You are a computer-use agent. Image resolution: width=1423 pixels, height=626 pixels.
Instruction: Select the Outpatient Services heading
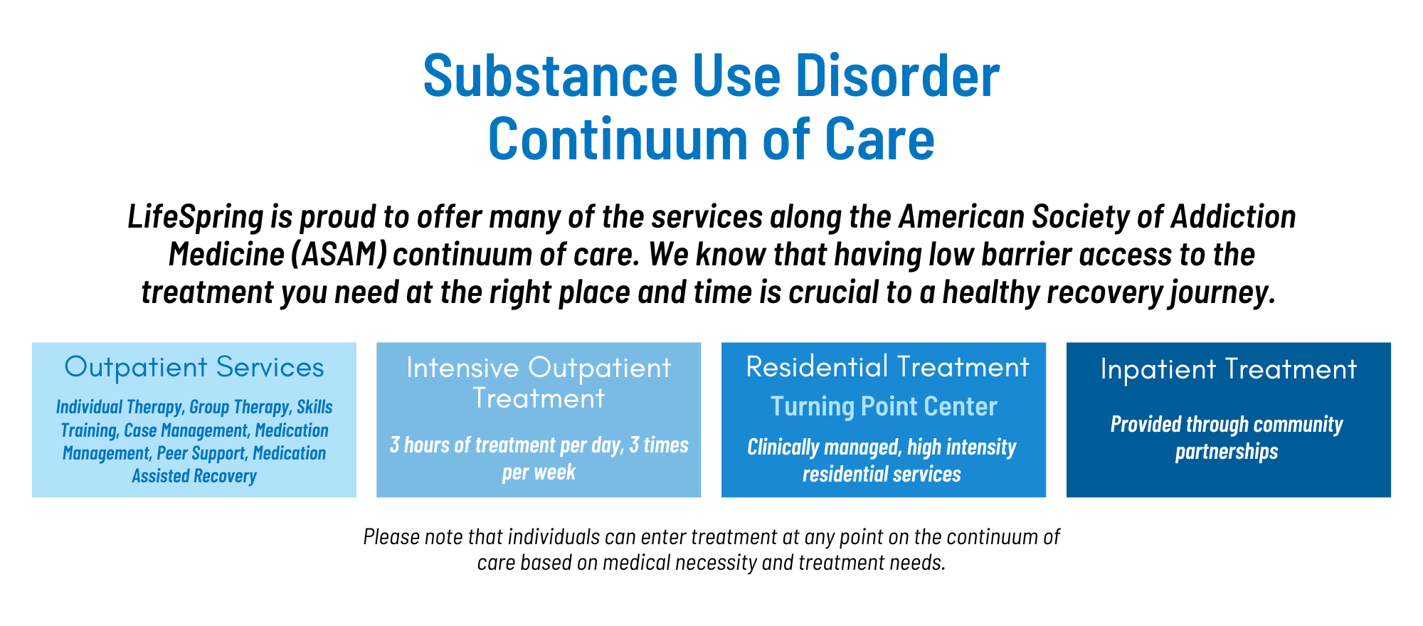click(x=194, y=367)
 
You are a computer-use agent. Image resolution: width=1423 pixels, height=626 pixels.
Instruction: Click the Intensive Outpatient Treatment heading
click(x=539, y=383)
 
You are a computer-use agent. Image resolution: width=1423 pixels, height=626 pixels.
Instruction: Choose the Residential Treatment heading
click(x=887, y=367)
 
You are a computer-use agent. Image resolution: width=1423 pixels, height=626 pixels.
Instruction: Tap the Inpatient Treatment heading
click(x=1229, y=369)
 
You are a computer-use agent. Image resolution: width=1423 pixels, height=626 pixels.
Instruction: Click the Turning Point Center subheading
click(x=884, y=407)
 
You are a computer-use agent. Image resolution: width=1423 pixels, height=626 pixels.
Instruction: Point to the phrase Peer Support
click(x=201, y=454)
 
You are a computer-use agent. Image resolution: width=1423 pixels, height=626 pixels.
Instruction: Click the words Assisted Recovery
click(x=194, y=476)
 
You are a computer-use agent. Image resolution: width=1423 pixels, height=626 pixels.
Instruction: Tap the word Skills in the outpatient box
click(x=314, y=407)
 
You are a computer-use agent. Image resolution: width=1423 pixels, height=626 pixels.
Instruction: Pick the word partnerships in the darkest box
click(x=1227, y=452)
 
